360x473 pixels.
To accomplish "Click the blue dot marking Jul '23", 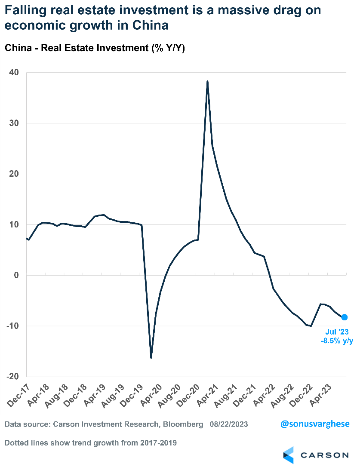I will pos(344,317).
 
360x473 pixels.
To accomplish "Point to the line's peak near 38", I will pos(207,81).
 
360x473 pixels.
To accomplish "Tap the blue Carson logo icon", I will pos(289,455).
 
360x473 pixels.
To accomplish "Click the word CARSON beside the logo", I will pos(324,455).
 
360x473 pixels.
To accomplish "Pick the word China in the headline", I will pos(147,25).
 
